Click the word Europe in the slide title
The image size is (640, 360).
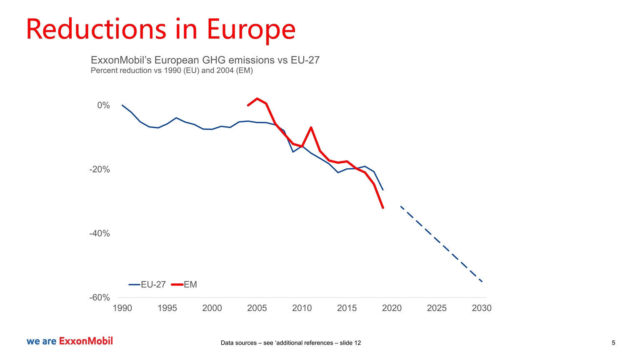pos(251,30)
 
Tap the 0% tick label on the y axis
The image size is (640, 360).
pos(103,105)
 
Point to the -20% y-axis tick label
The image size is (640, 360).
pos(100,170)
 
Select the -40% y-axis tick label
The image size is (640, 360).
pos(100,233)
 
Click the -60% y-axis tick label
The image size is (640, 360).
pos(100,297)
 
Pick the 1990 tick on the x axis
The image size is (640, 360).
pos(122,308)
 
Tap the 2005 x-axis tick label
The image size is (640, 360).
pos(257,308)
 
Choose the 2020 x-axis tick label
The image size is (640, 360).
pos(392,308)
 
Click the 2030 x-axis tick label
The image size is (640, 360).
pos(482,308)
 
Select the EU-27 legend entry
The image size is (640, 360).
pos(147,285)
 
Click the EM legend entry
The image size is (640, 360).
pos(185,285)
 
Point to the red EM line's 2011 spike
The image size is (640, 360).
pos(311,127)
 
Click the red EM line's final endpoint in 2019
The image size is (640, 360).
pos(383,207)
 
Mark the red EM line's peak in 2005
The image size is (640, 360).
pos(257,99)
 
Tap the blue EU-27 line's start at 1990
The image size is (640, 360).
pos(122,105)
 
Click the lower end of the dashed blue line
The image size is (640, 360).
pos(482,282)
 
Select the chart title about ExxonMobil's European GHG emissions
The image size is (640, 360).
pos(205,60)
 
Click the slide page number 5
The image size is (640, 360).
pos(613,343)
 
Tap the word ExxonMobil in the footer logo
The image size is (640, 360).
pos(86,341)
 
